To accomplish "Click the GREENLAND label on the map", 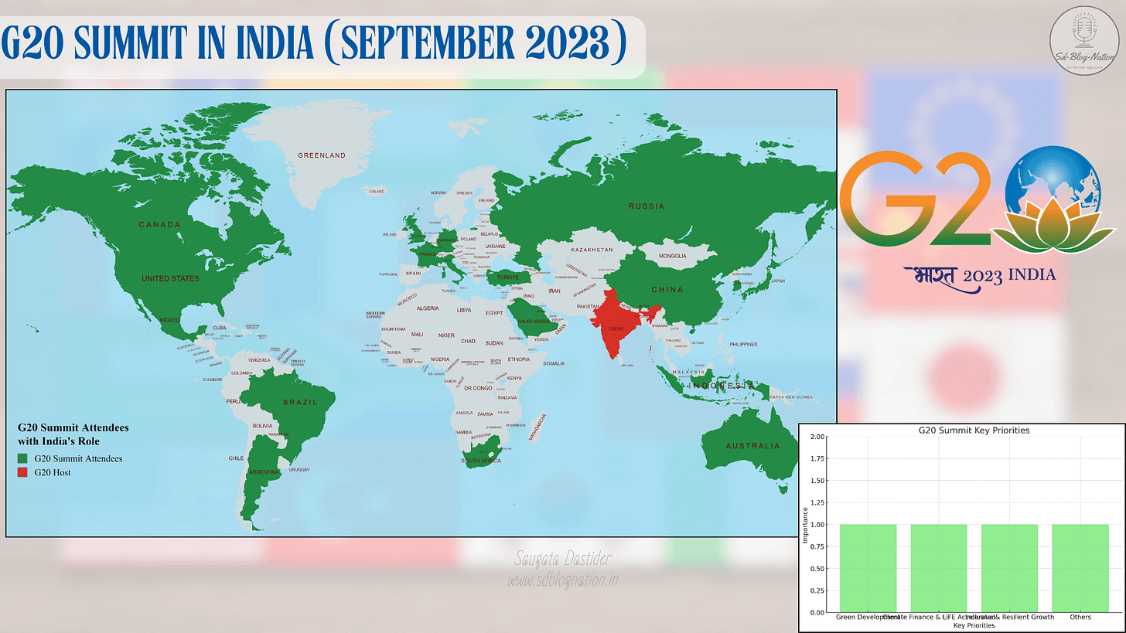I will click(x=322, y=155).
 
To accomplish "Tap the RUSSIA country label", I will click(x=646, y=206).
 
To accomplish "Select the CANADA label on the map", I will click(x=159, y=225).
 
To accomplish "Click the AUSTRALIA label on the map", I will click(x=752, y=446).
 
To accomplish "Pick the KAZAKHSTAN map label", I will click(x=592, y=250).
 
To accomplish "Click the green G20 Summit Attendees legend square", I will click(x=23, y=458).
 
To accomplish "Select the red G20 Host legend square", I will click(x=23, y=472).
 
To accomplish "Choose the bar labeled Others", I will click(x=1080, y=568).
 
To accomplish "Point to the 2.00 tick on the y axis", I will click(x=817, y=437).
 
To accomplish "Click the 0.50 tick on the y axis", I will click(x=817, y=568).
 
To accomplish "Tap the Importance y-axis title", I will click(x=806, y=525).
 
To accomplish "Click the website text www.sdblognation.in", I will click(x=562, y=579).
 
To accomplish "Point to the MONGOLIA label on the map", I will click(x=672, y=256).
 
